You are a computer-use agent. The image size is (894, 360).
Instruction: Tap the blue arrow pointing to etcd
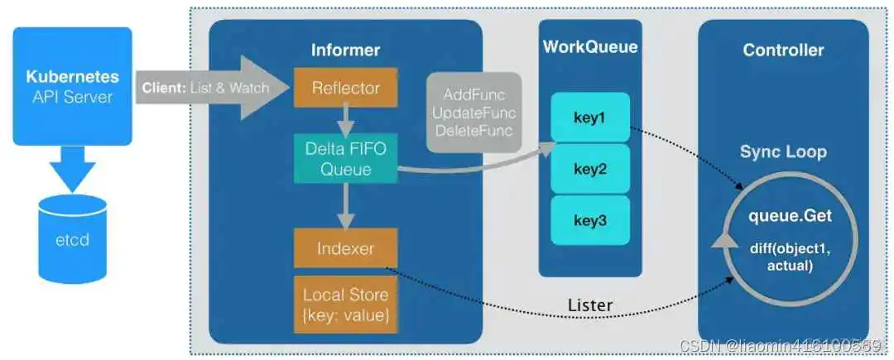click(72, 170)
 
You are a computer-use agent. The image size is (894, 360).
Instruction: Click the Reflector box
click(346, 88)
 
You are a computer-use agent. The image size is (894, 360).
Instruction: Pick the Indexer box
click(346, 248)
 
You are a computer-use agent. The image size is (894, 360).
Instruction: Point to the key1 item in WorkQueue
click(590, 116)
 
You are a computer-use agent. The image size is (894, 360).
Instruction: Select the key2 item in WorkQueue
click(590, 169)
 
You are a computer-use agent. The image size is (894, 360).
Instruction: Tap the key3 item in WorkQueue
click(590, 220)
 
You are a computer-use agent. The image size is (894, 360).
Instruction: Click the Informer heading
click(345, 50)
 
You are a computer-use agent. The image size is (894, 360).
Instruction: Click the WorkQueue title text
click(590, 47)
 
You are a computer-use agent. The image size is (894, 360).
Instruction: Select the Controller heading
click(783, 50)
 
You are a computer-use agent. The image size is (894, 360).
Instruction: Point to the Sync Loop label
click(783, 153)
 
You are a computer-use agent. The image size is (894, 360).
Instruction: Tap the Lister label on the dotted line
click(590, 305)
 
